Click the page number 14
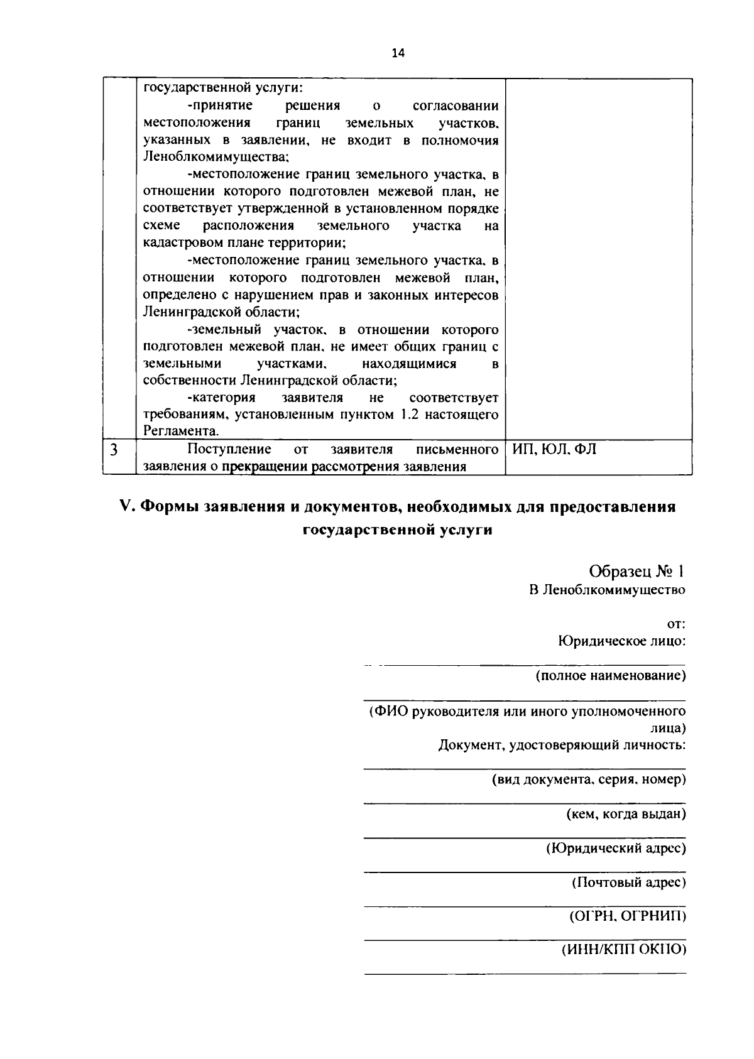click(398, 53)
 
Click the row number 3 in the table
click(113, 450)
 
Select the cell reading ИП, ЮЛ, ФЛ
click(554, 450)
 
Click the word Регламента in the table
click(181, 432)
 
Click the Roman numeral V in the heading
click(125, 507)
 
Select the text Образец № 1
click(637, 571)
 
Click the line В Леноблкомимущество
click(607, 590)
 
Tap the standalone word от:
click(675, 624)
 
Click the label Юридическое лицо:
click(621, 641)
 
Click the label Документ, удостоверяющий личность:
click(561, 745)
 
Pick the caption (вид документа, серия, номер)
click(588, 779)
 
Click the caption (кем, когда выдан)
click(626, 814)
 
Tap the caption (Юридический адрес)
click(616, 848)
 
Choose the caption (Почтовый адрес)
click(628, 882)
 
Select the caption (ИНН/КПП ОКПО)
click(623, 950)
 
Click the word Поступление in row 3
click(229, 449)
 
